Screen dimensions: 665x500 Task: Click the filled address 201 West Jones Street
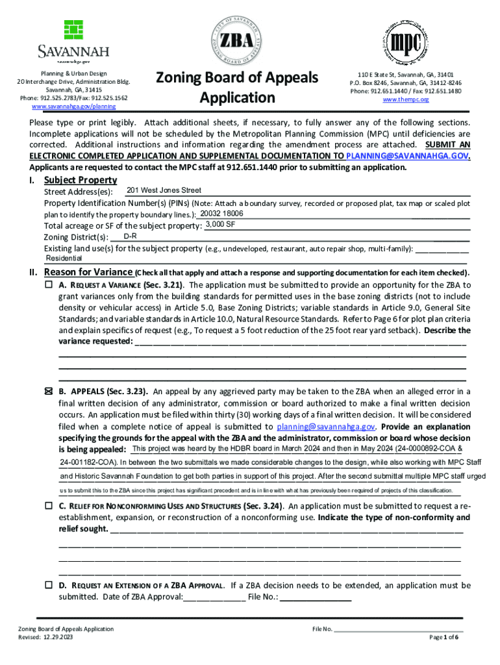point(164,190)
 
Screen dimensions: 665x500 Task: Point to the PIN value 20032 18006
point(221,214)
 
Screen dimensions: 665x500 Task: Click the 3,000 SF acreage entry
point(220,225)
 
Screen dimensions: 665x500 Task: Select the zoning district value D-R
point(130,236)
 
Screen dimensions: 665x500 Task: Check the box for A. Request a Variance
point(49,284)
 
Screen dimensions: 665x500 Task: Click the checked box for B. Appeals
point(49,392)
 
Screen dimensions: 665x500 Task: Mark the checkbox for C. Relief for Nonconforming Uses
point(49,505)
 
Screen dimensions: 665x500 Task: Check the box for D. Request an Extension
point(49,585)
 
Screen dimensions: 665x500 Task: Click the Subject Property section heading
point(80,180)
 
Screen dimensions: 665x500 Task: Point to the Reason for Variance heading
point(88,272)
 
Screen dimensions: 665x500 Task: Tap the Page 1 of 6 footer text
point(444,637)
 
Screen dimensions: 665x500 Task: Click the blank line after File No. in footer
point(398,629)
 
